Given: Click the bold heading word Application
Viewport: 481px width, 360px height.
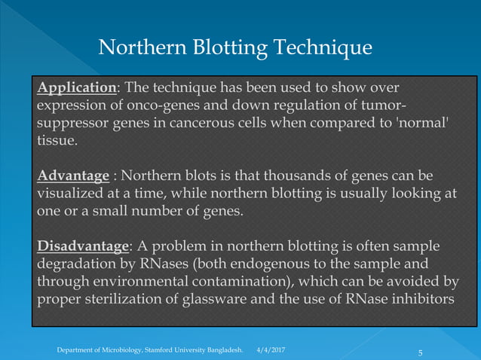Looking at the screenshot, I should point(76,87).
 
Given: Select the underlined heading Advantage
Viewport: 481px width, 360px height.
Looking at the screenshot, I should point(73,176).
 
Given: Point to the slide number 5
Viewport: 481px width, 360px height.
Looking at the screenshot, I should point(421,352).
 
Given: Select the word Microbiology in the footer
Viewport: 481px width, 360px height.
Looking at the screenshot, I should point(129,351).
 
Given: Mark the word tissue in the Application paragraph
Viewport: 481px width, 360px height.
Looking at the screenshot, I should point(54,141).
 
